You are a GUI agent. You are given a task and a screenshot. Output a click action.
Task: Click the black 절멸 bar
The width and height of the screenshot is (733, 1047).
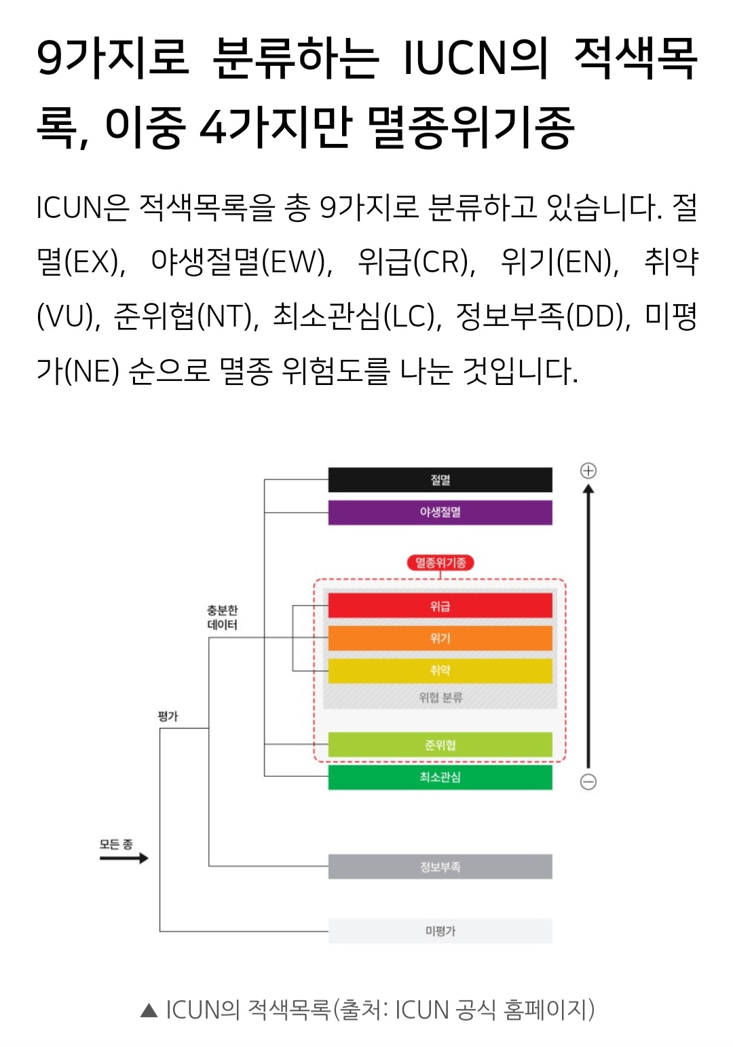[x=440, y=480]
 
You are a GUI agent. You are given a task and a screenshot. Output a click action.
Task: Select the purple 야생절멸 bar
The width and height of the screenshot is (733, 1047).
[x=440, y=513]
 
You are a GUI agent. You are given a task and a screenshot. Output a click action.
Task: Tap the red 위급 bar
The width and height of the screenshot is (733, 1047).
[x=440, y=606]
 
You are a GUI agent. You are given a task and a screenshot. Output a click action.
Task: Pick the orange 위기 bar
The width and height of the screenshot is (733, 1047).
[x=440, y=638]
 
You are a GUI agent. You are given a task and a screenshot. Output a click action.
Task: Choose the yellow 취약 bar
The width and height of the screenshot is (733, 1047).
[x=440, y=671]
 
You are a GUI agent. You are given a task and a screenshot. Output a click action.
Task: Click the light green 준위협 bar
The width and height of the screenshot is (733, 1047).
[x=440, y=745]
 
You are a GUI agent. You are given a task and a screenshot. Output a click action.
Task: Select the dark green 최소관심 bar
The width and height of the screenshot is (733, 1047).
[x=440, y=777]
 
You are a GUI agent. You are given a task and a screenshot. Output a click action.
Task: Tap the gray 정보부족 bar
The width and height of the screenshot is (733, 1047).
[x=440, y=867]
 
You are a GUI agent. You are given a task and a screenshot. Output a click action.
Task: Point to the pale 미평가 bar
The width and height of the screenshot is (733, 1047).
[x=440, y=931]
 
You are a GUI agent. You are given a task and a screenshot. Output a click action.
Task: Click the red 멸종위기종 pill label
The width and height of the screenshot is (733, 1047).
[x=440, y=563]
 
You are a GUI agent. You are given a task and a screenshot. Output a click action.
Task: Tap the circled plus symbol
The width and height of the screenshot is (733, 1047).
[x=588, y=471]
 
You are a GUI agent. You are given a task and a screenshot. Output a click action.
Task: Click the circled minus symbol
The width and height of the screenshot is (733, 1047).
[x=588, y=782]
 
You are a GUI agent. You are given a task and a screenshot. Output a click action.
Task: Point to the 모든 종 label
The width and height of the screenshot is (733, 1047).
[x=116, y=844]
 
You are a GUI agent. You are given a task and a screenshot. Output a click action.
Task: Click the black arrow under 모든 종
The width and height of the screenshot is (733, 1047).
[x=124, y=858]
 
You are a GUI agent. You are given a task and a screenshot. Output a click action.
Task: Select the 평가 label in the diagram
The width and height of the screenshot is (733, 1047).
[x=168, y=716]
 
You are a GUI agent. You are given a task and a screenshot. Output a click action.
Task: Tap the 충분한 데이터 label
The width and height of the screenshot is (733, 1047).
[x=223, y=617]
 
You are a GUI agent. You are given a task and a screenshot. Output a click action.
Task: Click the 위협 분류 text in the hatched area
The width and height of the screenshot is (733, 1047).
[x=440, y=697]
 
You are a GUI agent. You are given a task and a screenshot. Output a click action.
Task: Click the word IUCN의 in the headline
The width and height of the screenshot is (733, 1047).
[x=475, y=58]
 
